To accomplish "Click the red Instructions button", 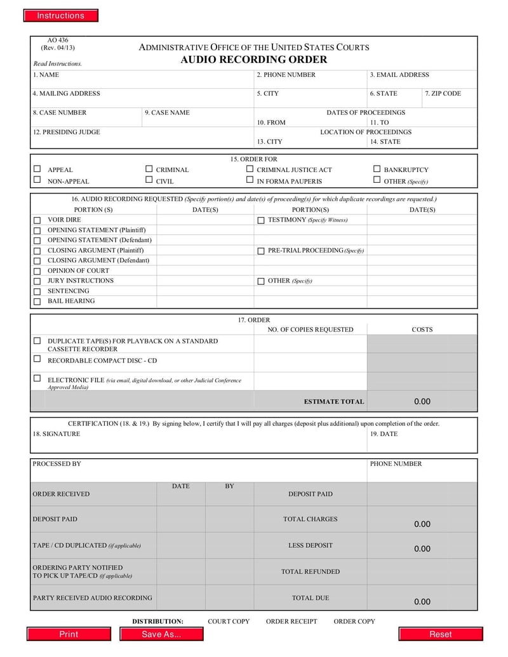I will (61, 16).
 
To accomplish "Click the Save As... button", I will (161, 634).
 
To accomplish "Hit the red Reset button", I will (439, 634).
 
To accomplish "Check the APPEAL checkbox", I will (37, 169).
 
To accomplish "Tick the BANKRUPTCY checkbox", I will (377, 169).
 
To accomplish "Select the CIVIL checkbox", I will (149, 180).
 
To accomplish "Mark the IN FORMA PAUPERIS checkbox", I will (250, 180).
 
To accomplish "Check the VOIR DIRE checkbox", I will (37, 220).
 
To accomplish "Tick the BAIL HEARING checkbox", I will (37, 302).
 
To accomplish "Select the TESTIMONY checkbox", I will (261, 220).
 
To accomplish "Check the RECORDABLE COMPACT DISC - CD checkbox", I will (37, 359).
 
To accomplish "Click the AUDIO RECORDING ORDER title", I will (253, 60).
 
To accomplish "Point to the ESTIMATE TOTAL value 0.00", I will (422, 401).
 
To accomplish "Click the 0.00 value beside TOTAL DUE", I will (422, 601).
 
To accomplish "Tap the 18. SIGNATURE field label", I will (57, 434).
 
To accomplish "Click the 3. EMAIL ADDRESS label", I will (399, 75).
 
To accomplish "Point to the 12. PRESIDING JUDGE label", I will (66, 132).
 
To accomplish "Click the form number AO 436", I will (57, 41).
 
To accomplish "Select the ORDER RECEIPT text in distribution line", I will (291, 621).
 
